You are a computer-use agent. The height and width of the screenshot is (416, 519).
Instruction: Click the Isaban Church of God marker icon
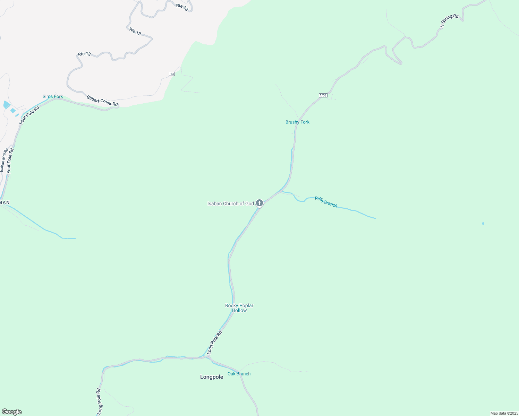(x=259, y=203)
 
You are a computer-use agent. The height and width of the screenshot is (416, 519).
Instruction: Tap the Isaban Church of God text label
(x=230, y=203)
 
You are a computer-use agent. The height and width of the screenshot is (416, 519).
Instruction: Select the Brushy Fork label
(x=297, y=122)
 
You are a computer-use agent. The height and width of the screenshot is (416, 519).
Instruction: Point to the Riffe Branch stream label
(x=326, y=202)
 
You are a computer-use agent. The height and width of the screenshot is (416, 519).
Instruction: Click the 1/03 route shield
(x=323, y=95)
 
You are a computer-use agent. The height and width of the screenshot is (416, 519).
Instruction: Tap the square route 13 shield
(x=172, y=74)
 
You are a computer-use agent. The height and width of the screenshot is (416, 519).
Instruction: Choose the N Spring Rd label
(x=449, y=21)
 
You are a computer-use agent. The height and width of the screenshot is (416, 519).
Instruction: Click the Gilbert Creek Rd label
(x=102, y=101)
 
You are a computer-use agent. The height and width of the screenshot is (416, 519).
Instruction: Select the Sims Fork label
(x=53, y=96)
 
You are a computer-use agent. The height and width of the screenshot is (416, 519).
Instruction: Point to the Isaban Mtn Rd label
(x=4, y=160)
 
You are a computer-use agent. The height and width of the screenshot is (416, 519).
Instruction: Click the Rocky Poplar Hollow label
(x=239, y=308)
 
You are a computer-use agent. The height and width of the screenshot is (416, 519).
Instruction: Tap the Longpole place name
(x=212, y=377)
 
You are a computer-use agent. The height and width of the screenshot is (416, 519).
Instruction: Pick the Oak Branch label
(x=239, y=374)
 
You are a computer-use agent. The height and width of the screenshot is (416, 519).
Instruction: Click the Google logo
(x=12, y=412)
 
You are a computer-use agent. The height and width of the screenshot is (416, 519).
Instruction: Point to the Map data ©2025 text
(x=504, y=413)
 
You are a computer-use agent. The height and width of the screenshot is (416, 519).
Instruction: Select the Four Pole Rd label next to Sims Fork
(x=29, y=115)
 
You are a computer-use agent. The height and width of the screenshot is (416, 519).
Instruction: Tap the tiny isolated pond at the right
(x=483, y=224)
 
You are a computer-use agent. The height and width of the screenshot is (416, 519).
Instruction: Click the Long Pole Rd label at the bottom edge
(x=99, y=401)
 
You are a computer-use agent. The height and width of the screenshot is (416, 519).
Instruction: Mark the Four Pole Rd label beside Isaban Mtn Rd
(x=10, y=161)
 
